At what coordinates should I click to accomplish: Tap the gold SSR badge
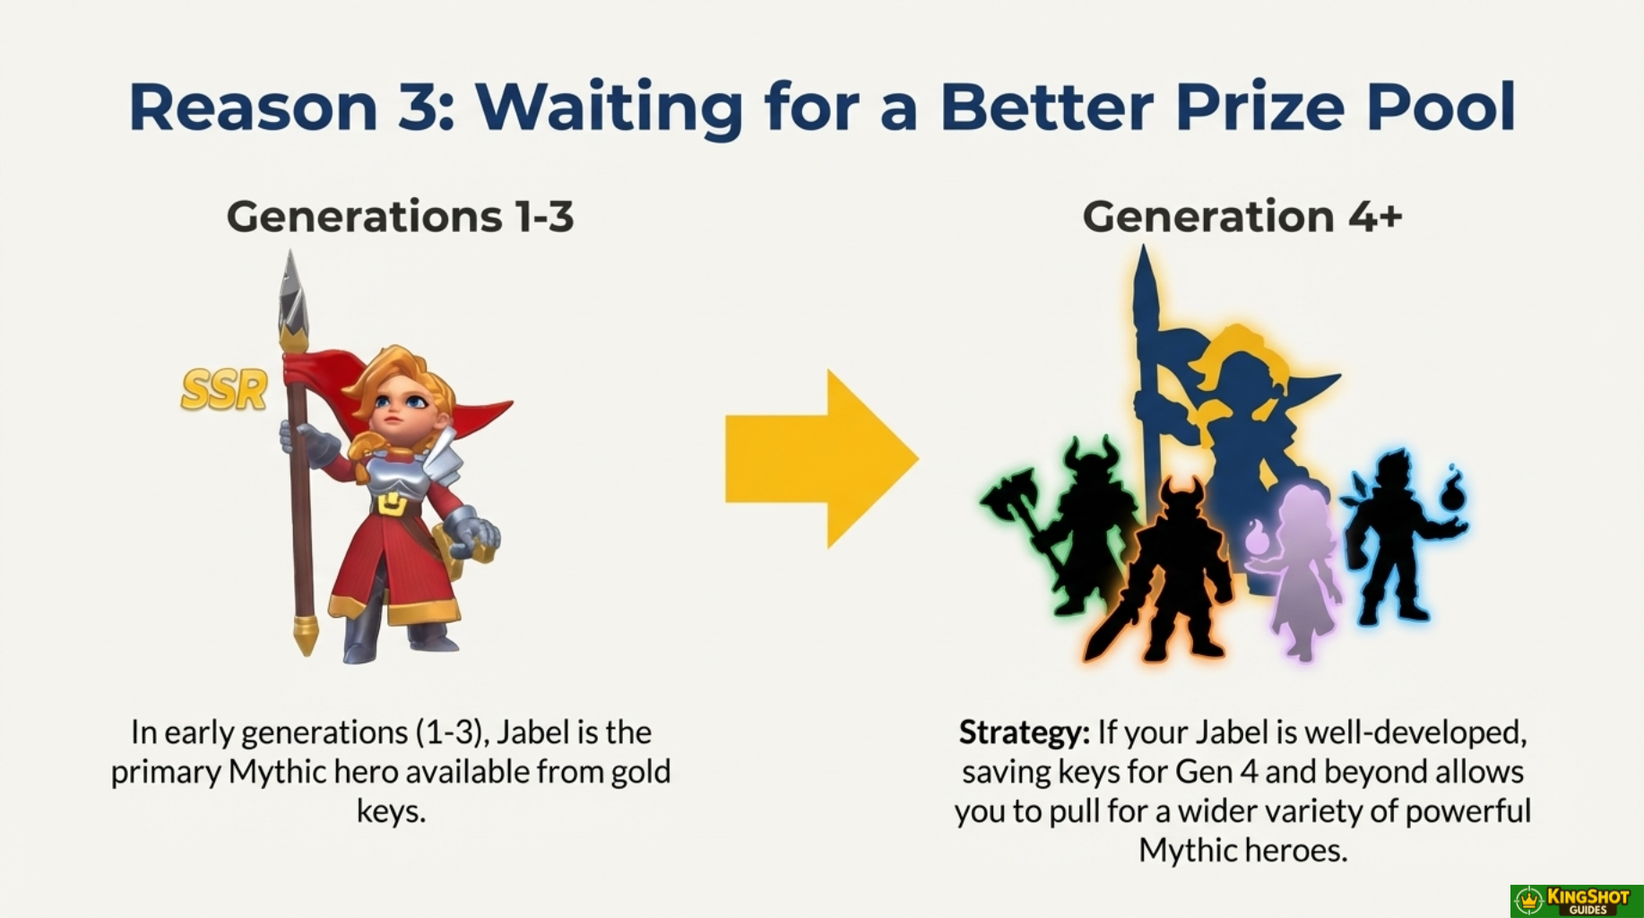(x=224, y=390)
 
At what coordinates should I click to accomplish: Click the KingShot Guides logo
(x=1577, y=901)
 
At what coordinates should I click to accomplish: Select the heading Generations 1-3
(x=400, y=216)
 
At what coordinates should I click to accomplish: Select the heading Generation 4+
(x=1242, y=216)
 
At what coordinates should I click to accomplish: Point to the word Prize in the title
(x=1259, y=107)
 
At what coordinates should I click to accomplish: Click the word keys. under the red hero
(x=391, y=810)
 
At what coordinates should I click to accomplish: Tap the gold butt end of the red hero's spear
(x=306, y=635)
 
